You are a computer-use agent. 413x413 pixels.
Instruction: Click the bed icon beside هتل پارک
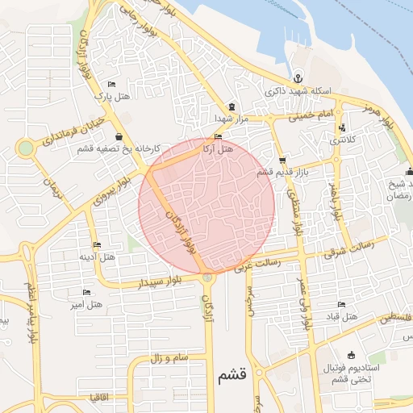(x=111, y=85)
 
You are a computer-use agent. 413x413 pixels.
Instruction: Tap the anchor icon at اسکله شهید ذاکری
(x=298, y=78)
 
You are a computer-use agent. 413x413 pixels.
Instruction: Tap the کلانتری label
(x=342, y=140)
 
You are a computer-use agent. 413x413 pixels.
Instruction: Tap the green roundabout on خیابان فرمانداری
(x=26, y=148)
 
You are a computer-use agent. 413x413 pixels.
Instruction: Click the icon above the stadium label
(x=351, y=355)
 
